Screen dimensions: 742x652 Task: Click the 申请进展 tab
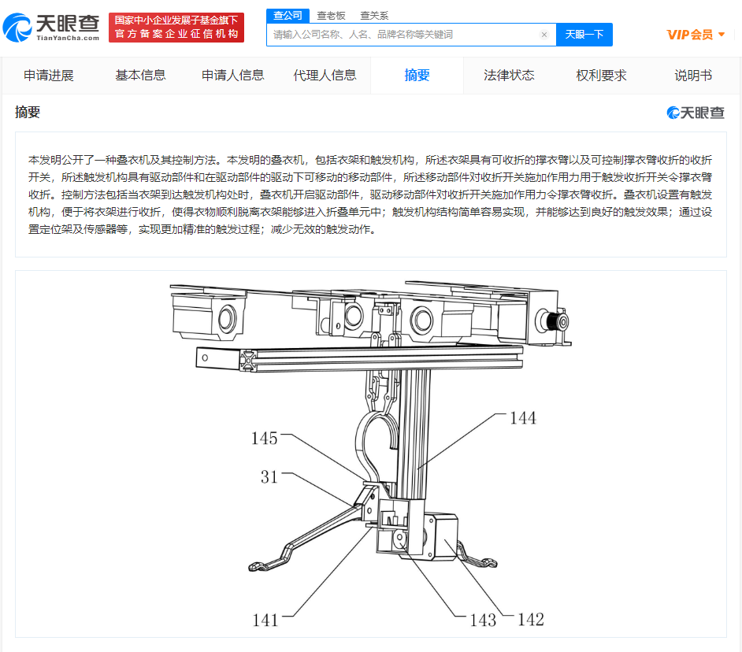(x=49, y=76)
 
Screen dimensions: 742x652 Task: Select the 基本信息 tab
(x=140, y=76)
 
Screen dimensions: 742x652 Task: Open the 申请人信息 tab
(x=233, y=76)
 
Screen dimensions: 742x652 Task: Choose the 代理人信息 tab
(x=325, y=76)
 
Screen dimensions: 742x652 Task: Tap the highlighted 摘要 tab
(x=417, y=76)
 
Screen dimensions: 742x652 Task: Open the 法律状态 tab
(x=509, y=76)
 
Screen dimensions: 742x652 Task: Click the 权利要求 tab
(x=601, y=76)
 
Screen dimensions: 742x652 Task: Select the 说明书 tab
(x=693, y=76)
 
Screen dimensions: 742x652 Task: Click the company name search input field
(x=403, y=35)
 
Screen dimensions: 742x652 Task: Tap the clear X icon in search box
(x=544, y=35)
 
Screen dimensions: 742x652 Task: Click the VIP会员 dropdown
(x=696, y=35)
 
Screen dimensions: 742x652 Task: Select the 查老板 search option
(x=331, y=16)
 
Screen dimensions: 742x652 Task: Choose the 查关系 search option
(x=374, y=16)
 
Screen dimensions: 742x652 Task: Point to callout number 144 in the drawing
(x=523, y=418)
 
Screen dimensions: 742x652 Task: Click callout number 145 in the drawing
(x=264, y=438)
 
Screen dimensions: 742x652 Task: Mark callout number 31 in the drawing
(x=269, y=476)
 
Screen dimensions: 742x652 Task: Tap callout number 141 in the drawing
(x=265, y=620)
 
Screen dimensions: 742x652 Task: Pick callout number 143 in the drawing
(x=483, y=620)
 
